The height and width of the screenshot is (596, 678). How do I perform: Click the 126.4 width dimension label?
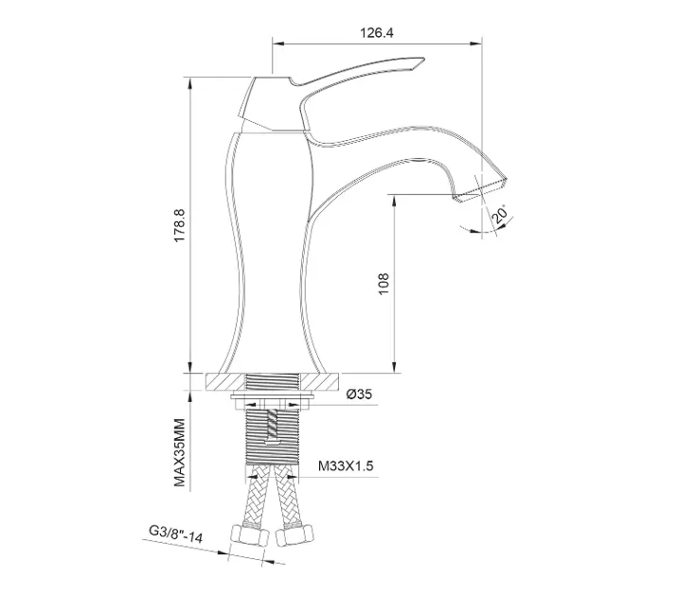(377, 33)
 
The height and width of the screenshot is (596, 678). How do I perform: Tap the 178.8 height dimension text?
(180, 225)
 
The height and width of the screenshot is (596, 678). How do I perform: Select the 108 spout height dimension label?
(384, 284)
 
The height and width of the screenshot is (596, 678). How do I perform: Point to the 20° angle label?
(501, 214)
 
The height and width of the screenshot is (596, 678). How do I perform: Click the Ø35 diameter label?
(359, 394)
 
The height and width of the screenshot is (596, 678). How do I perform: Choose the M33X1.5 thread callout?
(346, 466)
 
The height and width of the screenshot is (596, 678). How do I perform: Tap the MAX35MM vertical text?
(180, 452)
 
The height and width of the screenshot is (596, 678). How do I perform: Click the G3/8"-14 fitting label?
(175, 534)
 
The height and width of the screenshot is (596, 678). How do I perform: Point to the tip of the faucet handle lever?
(424, 60)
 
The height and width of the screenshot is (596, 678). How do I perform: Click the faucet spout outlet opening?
(480, 189)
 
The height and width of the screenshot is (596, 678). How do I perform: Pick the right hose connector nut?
(294, 535)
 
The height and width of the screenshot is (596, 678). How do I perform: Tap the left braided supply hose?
(258, 496)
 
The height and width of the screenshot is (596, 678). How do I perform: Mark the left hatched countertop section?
(225, 382)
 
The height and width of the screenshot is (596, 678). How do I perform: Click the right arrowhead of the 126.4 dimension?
(477, 44)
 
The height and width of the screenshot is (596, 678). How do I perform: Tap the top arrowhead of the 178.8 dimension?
(190, 82)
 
